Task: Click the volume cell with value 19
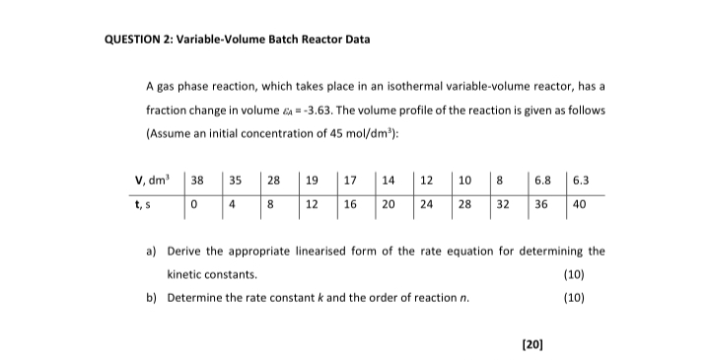click(x=311, y=180)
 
